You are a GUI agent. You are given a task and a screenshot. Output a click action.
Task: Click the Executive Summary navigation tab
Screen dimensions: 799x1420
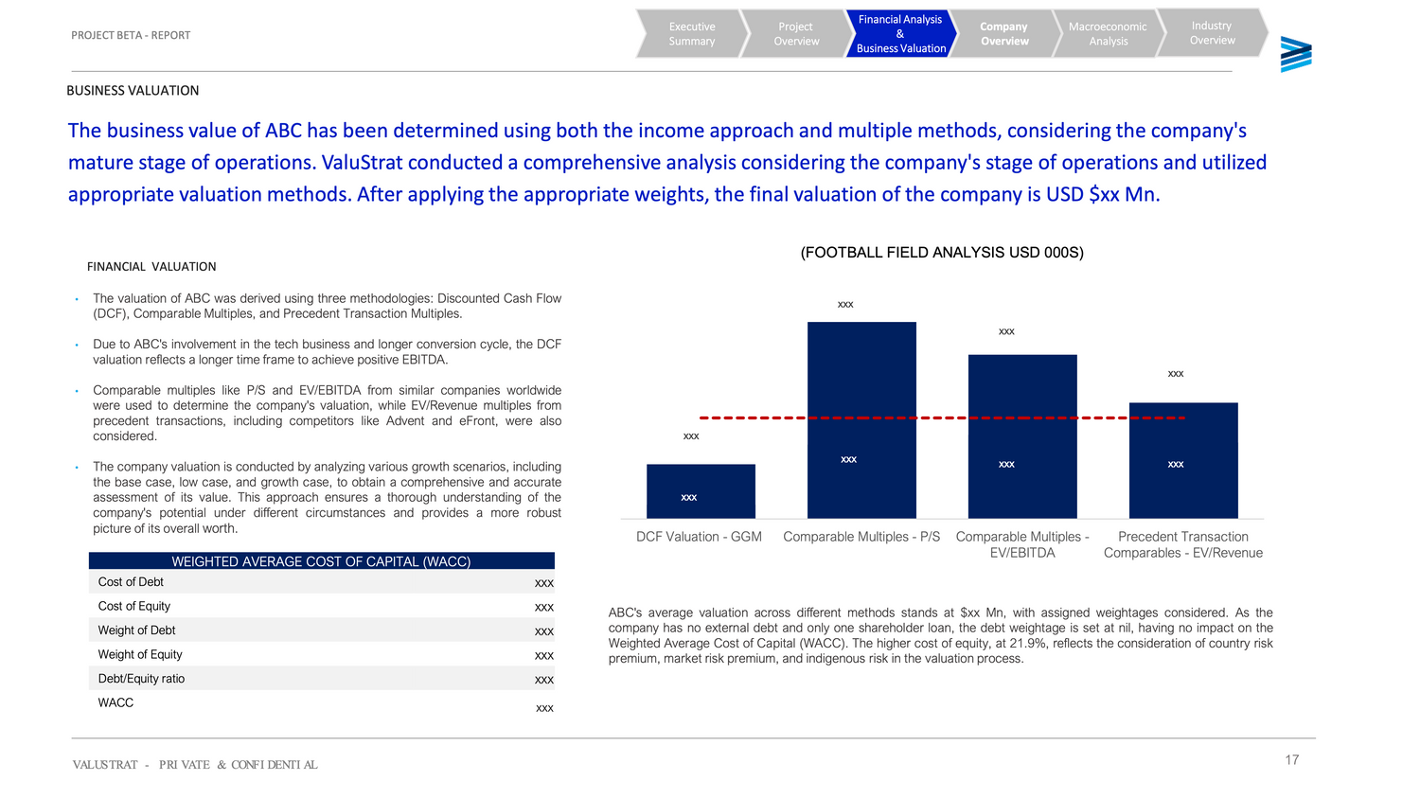tap(692, 34)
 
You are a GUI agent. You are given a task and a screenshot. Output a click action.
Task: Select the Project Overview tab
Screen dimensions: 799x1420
tap(796, 34)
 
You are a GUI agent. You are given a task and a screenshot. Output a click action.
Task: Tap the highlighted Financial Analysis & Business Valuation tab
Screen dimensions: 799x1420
tap(899, 34)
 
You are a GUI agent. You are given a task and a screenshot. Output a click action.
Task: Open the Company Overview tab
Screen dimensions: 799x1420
tap(1003, 34)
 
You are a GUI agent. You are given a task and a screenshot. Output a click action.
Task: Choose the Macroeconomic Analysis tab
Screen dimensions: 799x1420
tap(1108, 34)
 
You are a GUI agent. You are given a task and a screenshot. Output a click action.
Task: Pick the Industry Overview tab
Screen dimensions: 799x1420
tap(1212, 33)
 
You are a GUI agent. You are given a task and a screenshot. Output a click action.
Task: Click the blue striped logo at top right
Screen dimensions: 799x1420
tap(1295, 55)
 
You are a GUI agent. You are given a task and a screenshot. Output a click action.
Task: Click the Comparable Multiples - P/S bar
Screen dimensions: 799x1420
tap(861, 379)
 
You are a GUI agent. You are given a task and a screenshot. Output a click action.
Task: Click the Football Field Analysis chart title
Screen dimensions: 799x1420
tap(942, 253)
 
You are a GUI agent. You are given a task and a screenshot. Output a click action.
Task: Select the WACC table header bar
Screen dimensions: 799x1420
tap(321, 561)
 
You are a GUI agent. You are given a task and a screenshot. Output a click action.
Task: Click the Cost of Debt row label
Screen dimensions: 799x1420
tap(131, 582)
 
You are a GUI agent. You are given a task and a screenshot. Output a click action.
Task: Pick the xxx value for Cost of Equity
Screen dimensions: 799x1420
tap(544, 607)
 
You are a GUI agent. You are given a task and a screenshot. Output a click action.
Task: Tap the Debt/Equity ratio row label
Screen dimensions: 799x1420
tap(141, 679)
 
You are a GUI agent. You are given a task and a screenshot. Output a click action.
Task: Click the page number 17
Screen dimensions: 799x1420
tap(1291, 760)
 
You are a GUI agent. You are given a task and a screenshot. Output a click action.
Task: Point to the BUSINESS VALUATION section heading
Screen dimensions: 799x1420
tap(133, 91)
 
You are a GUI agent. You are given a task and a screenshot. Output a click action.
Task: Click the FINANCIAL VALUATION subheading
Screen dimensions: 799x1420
tap(151, 267)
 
